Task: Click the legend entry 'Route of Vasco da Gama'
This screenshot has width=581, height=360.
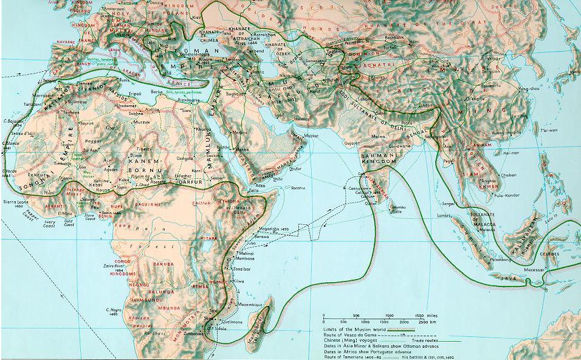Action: click(351, 334)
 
